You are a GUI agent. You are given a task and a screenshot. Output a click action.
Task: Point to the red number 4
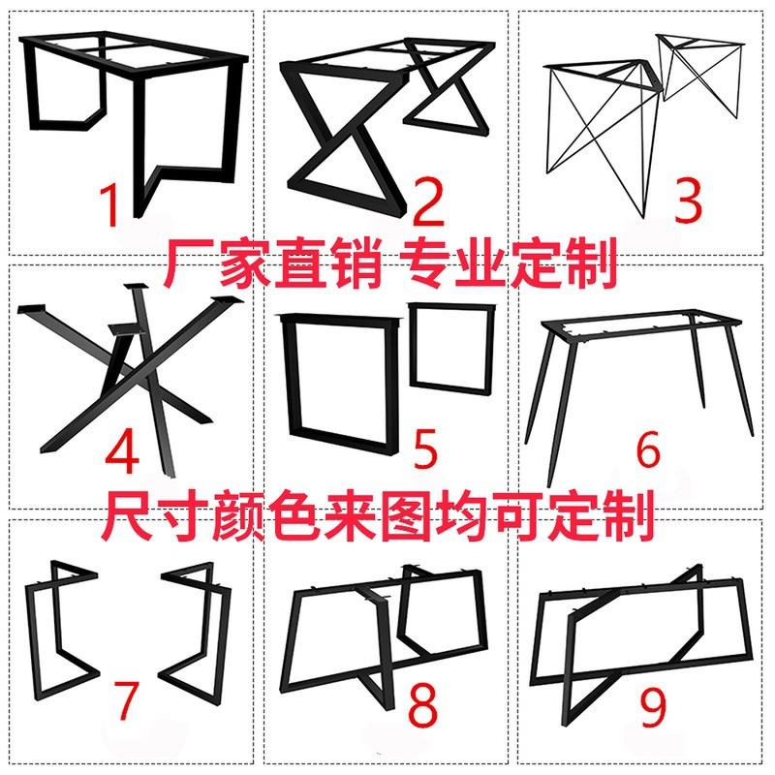coord(123,449)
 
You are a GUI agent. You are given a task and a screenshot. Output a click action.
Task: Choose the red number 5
coord(424,448)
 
